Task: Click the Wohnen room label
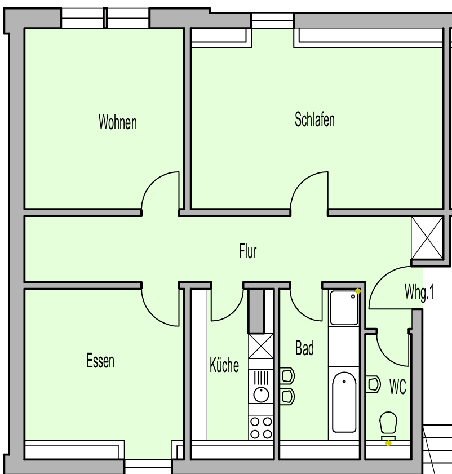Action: point(117,122)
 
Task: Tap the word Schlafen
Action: point(314,119)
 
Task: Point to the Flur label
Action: point(247,251)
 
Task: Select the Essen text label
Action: point(100,361)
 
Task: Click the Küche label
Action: point(224,365)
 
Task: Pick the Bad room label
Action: point(304,348)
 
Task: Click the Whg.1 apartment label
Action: point(419,293)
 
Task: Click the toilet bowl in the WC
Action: point(388,422)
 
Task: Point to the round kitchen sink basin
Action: point(261,394)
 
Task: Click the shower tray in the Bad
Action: point(344,308)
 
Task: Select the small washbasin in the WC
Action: point(373,384)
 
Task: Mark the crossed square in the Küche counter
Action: point(260,346)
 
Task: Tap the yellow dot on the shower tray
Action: point(358,291)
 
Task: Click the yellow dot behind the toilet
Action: point(388,444)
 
